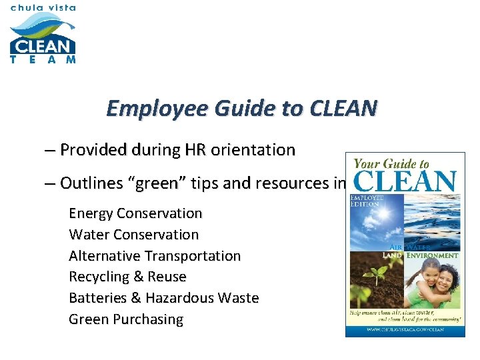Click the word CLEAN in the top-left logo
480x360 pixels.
pos(42,47)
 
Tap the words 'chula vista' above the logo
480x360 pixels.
pos(43,8)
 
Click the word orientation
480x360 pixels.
pos(252,150)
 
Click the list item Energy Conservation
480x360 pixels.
pos(135,213)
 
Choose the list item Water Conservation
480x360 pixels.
pos(134,235)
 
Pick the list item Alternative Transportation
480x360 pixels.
pos(155,256)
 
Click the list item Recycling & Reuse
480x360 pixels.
pos(127,277)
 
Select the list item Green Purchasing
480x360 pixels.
pos(126,319)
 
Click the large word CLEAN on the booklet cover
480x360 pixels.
pos(405,181)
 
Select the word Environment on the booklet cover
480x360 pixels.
pos(433,255)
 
